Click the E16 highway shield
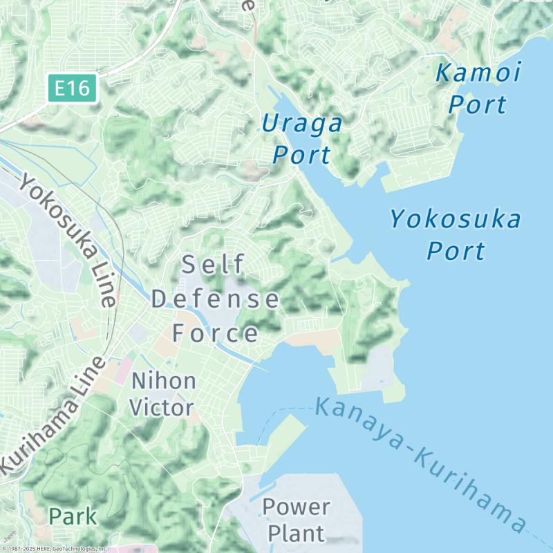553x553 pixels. click(73, 88)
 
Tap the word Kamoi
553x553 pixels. click(478, 72)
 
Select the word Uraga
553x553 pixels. click(302, 124)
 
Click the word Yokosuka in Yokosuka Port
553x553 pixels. click(455, 220)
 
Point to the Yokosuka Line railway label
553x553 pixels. click(67, 239)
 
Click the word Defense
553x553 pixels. click(215, 299)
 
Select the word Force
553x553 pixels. click(215, 334)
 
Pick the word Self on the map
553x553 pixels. click(214, 264)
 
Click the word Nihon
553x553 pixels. click(164, 380)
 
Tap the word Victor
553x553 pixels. click(162, 408)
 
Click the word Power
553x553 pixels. click(296, 506)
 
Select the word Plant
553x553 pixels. click(296, 533)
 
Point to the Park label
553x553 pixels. click(73, 516)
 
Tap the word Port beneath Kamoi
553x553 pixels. click(477, 105)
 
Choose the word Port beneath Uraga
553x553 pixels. click(302, 154)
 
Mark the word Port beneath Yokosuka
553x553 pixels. click(456, 250)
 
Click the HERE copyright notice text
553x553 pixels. click(54, 549)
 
